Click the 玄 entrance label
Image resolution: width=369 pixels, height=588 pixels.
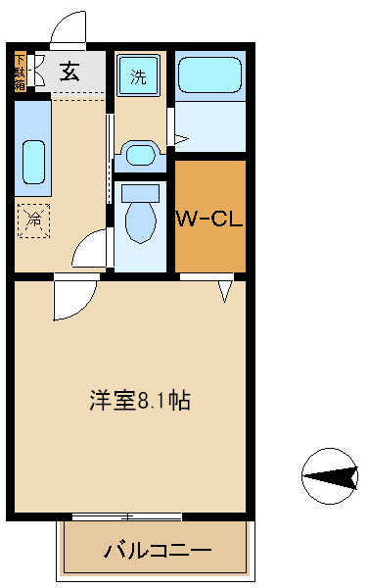[70, 72]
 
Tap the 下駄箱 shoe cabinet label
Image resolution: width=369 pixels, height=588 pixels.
[20, 72]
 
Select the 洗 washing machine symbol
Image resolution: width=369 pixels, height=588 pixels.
[138, 76]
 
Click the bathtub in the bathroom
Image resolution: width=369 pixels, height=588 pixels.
[208, 75]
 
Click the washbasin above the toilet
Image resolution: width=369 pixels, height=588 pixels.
[140, 154]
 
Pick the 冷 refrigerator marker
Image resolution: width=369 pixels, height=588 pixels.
[32, 220]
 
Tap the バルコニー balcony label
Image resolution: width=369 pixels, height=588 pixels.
[157, 551]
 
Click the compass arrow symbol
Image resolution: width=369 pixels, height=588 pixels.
[330, 476]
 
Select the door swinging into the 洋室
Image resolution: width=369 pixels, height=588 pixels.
[73, 300]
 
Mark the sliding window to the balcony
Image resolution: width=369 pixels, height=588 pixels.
[126, 515]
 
